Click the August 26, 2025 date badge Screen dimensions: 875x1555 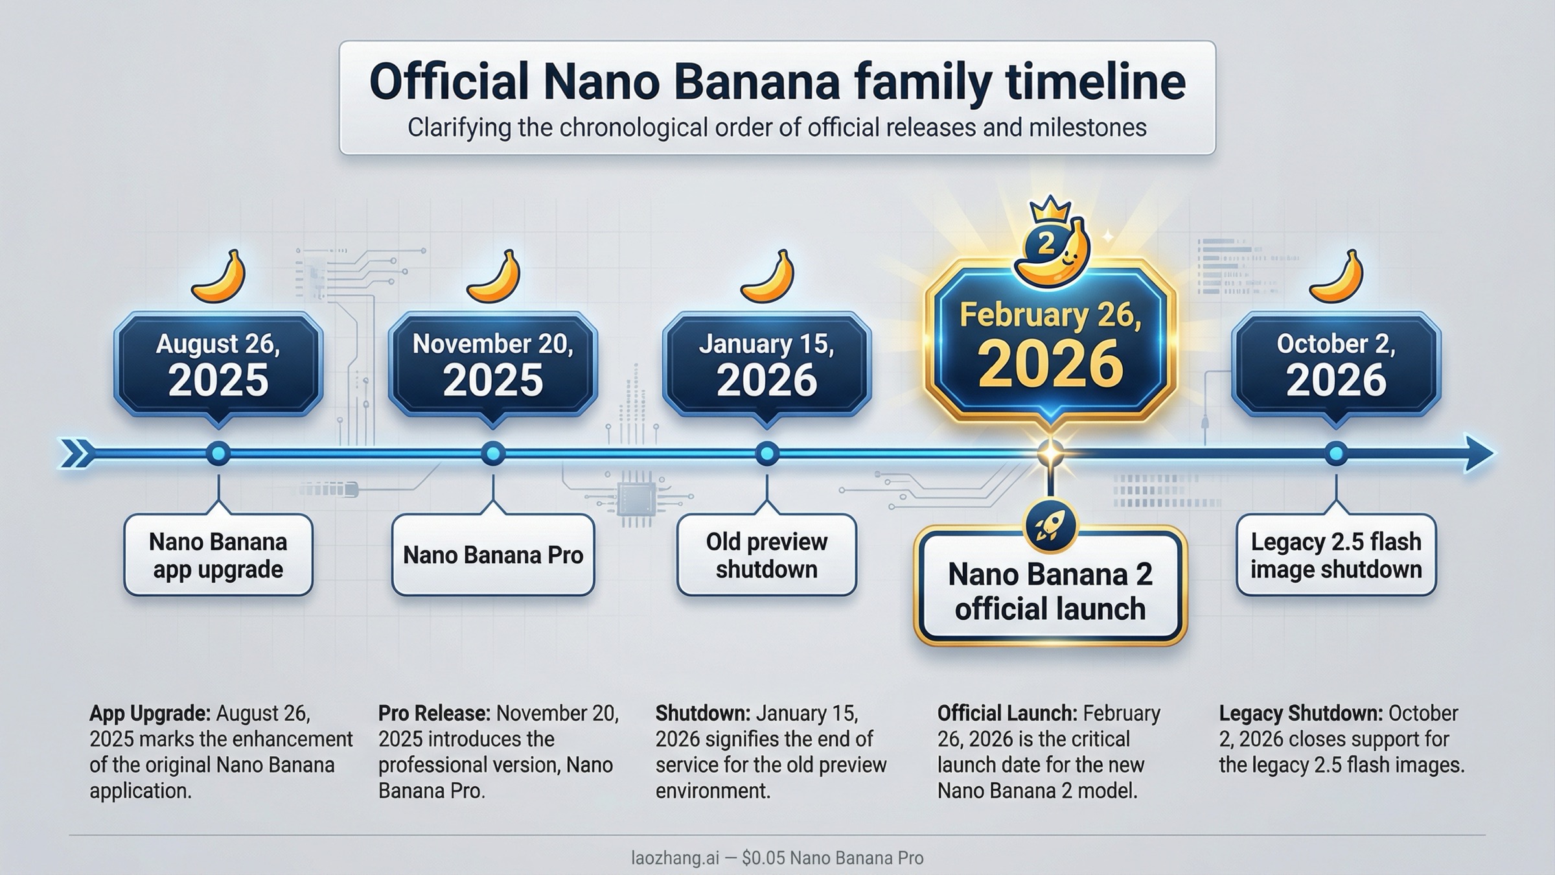pos(218,365)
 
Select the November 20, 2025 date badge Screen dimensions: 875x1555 pos(493,365)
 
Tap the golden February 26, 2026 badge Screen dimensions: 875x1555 pos(1050,347)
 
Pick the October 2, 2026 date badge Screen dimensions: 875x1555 pos(1336,365)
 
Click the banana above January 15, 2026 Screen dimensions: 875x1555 pos(769,277)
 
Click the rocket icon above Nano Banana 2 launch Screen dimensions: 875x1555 pos(1050,525)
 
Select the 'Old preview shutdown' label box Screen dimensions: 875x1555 pos(766,555)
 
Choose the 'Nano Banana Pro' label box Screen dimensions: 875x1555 pos(493,555)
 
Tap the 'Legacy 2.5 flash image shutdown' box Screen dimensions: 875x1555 pos(1336,555)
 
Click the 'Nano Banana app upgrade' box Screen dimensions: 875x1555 pos(218,555)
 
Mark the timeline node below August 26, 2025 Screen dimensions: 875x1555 pos(218,453)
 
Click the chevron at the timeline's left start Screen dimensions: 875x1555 pos(76,453)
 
